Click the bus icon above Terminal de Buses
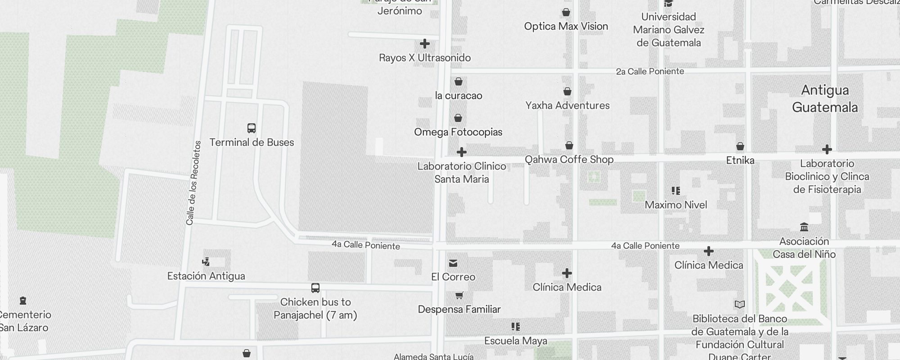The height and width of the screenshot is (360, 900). click(252, 128)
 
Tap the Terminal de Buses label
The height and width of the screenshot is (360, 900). click(252, 143)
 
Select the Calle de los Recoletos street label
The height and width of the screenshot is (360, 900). click(193, 183)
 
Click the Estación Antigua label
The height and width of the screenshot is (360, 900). click(206, 276)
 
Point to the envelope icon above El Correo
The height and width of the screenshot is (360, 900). click(453, 263)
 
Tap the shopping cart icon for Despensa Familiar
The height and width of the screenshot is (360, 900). click(459, 296)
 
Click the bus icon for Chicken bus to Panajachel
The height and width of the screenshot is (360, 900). click(315, 288)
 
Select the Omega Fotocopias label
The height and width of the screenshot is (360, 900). click(458, 132)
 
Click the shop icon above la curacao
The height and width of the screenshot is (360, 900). click(458, 81)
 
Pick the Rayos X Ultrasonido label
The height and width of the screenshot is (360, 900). click(425, 58)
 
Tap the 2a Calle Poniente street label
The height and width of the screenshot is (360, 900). click(650, 72)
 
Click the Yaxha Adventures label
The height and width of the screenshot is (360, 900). click(567, 106)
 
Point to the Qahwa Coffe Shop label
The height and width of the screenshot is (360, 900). click(569, 160)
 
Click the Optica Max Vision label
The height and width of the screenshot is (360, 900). click(566, 27)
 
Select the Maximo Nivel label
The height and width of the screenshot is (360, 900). click(676, 205)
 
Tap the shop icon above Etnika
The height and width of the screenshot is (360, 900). click(740, 147)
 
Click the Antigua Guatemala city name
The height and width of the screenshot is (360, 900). click(825, 99)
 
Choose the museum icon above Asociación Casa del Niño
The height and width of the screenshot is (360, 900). click(804, 227)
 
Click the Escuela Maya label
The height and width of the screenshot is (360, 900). click(516, 341)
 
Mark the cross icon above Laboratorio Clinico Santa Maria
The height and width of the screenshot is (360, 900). click(462, 152)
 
